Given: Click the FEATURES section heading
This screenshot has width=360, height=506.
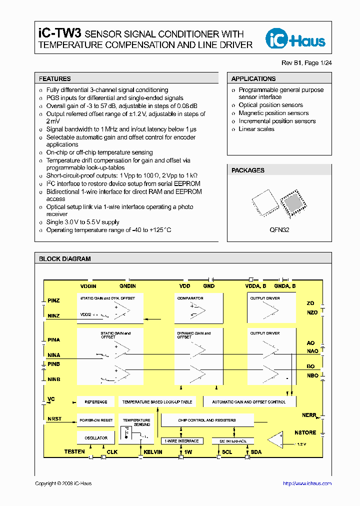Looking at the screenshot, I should click(55, 78).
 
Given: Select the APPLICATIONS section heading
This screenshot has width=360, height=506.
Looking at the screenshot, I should click(253, 78).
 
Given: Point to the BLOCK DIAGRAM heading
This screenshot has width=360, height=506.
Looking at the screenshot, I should click(65, 259).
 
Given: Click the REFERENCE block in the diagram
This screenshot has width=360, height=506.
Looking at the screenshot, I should click(96, 401).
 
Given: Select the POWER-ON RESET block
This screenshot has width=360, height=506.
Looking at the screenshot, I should click(96, 420).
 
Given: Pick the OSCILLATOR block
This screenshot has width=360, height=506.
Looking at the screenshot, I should click(96, 438).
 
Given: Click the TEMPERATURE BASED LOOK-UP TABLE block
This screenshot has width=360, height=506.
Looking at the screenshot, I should click(157, 401).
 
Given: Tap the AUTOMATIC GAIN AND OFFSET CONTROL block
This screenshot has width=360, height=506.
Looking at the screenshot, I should click(249, 401).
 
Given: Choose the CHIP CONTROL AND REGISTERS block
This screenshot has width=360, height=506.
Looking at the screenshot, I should click(207, 420).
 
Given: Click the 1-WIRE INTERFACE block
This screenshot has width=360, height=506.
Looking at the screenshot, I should click(182, 441).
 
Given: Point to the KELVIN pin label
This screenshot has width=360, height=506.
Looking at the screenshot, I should click(153, 452).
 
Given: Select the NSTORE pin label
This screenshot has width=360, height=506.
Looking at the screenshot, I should click(305, 432).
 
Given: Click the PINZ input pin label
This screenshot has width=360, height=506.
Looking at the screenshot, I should click(54, 300).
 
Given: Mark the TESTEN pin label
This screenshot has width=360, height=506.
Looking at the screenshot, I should click(74, 452).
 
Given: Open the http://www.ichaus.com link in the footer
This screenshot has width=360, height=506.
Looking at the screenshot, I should click(307, 483).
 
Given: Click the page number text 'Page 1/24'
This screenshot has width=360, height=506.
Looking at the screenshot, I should click(318, 62).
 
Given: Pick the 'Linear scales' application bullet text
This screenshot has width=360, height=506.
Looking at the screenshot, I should click(256, 129).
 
